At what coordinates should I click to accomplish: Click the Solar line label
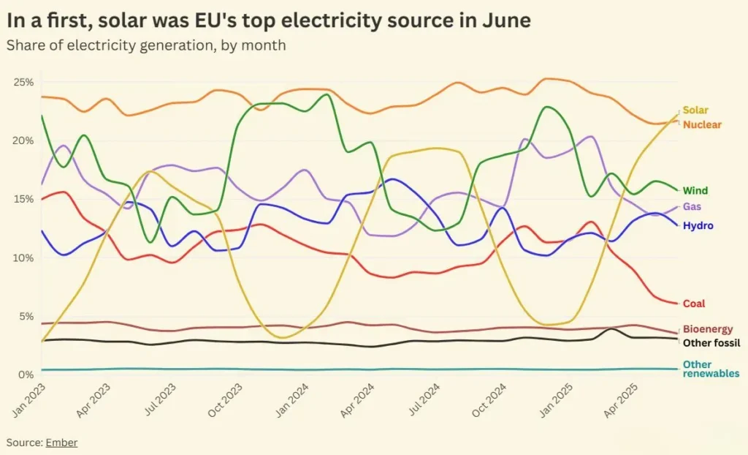tap(695, 110)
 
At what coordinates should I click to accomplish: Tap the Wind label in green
tap(695, 191)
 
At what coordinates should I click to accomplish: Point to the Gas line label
tap(691, 207)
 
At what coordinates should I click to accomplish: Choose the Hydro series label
tap(698, 226)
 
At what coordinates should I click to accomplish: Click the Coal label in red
tap(693, 304)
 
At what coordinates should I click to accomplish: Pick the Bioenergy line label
tap(707, 329)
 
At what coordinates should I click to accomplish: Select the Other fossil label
tap(711, 342)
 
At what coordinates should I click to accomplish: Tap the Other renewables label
tap(710, 369)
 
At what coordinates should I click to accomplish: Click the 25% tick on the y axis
tap(23, 82)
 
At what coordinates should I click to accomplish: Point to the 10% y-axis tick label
tap(23, 257)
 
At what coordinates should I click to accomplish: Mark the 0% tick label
tap(26, 375)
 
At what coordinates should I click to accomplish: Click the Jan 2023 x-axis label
tap(27, 401)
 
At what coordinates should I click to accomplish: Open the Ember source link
tap(61, 443)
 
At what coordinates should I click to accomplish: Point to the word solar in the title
tap(113, 20)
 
